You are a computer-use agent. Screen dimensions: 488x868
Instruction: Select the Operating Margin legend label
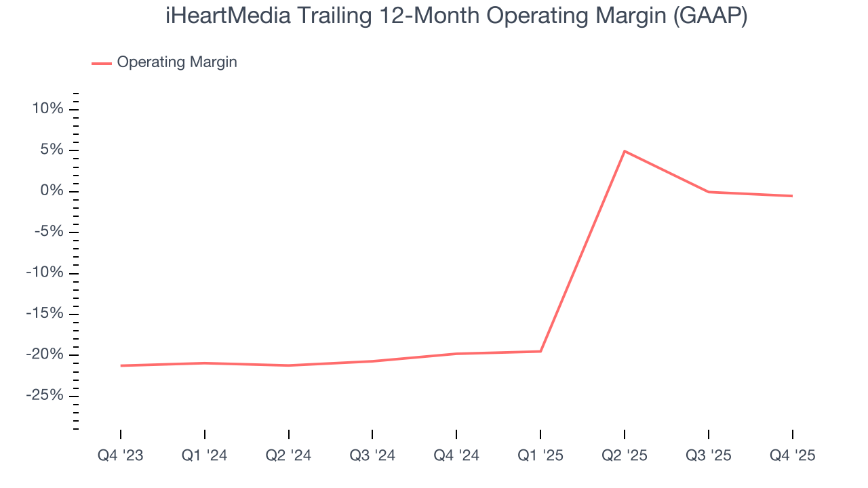click(177, 62)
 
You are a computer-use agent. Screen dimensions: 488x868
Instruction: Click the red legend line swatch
click(102, 63)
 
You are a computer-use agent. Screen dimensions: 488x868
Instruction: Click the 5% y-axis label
click(51, 150)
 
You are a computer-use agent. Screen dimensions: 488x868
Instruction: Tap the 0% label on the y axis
click(51, 191)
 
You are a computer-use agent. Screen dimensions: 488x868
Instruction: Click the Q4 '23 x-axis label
click(121, 455)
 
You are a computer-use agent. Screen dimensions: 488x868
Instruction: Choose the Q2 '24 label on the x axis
click(289, 455)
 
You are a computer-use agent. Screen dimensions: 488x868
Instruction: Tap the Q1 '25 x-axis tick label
click(540, 455)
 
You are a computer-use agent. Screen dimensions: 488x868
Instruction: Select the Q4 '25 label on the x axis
click(792, 455)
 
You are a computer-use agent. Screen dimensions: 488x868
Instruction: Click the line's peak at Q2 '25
click(625, 151)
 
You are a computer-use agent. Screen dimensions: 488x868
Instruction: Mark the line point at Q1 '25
click(540, 351)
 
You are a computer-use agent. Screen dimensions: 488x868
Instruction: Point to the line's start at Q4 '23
click(121, 365)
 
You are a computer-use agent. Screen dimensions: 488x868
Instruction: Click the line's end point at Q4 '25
click(792, 196)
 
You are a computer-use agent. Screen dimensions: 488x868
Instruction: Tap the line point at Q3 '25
click(709, 192)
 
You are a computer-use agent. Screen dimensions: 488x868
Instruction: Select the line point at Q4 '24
click(456, 354)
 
